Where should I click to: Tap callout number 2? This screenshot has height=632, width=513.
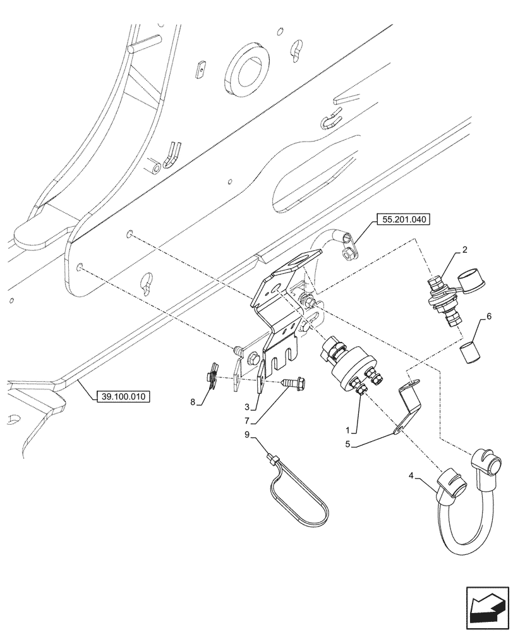(464, 250)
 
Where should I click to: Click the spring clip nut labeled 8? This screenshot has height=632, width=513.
(212, 374)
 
